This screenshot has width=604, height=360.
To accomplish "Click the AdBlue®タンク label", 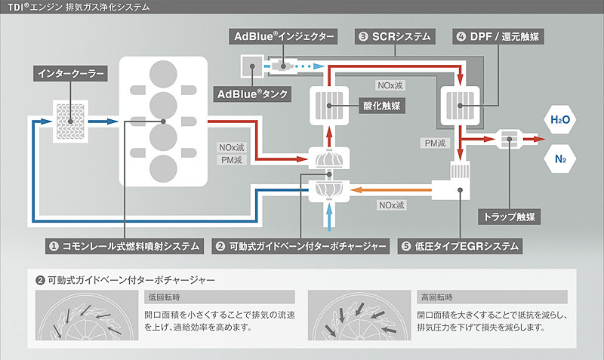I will point(253,95).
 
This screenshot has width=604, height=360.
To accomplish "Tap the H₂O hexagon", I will point(560,120).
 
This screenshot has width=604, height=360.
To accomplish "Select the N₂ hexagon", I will point(560,159).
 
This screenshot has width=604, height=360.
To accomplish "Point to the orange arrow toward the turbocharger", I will point(393,189).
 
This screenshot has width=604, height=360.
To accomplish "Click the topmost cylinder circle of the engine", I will point(163,75).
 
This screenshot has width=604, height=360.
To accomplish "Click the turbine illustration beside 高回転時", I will point(356,318).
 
